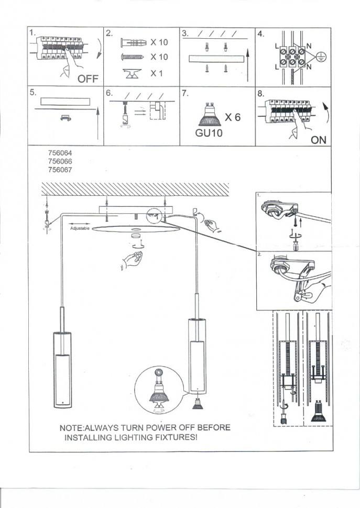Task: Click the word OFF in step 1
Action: (x=88, y=79)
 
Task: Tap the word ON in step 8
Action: (x=318, y=140)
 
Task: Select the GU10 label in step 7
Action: (x=209, y=133)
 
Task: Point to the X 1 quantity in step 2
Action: (x=157, y=74)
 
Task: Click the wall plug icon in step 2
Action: (x=133, y=42)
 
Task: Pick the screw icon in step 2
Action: (x=132, y=57)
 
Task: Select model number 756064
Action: (x=59, y=153)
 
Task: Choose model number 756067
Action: (x=59, y=169)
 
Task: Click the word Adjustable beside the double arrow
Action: (x=80, y=229)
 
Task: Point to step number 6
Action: (x=109, y=93)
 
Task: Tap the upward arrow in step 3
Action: (x=247, y=62)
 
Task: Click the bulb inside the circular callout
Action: (x=159, y=392)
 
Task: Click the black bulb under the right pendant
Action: (x=198, y=404)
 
